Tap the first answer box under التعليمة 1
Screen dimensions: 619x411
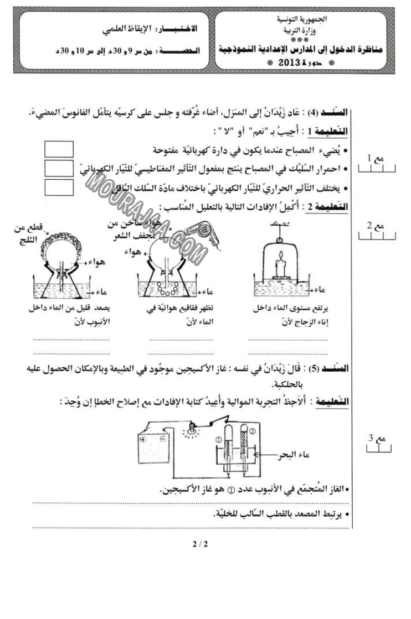[59, 149]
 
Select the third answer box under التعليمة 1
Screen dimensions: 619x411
[59, 186]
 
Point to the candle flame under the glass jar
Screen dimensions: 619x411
[282, 256]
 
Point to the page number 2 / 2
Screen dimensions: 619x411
[199, 544]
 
